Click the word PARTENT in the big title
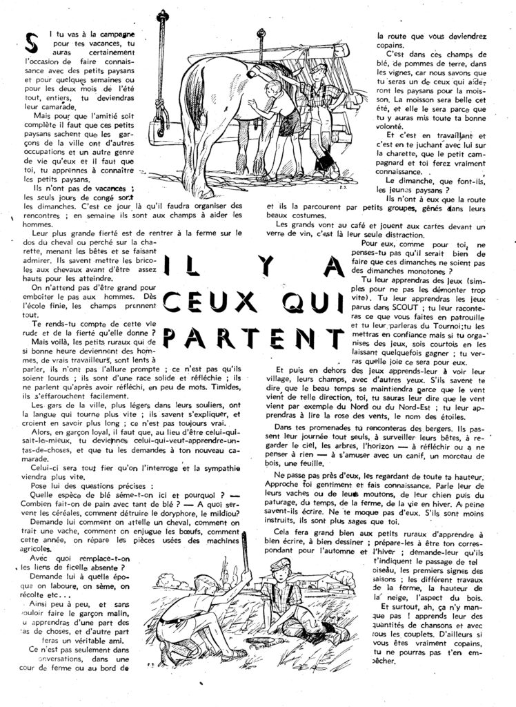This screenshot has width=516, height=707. click(x=259, y=336)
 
